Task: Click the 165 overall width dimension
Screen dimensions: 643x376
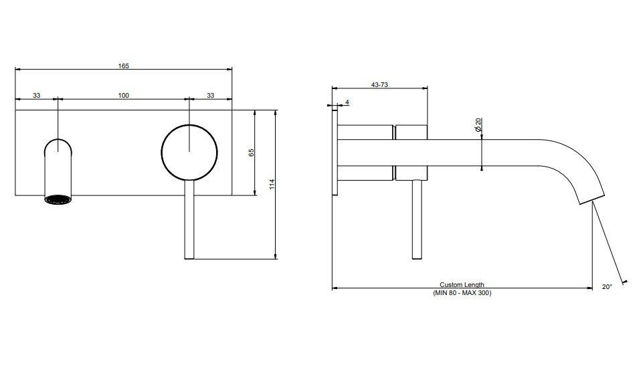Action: (x=123, y=66)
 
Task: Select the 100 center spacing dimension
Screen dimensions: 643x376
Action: (x=123, y=95)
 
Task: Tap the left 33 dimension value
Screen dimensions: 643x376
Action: (x=37, y=95)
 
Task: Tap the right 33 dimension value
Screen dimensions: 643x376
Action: (x=210, y=95)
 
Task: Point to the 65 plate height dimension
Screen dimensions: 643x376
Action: (x=252, y=153)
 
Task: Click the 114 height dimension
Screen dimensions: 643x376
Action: (x=272, y=184)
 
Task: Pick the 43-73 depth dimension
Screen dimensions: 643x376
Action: (x=379, y=85)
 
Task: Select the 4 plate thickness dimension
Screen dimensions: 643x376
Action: (x=347, y=102)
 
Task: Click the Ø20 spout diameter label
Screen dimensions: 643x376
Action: (x=478, y=124)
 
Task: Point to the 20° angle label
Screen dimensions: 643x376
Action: (x=607, y=287)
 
